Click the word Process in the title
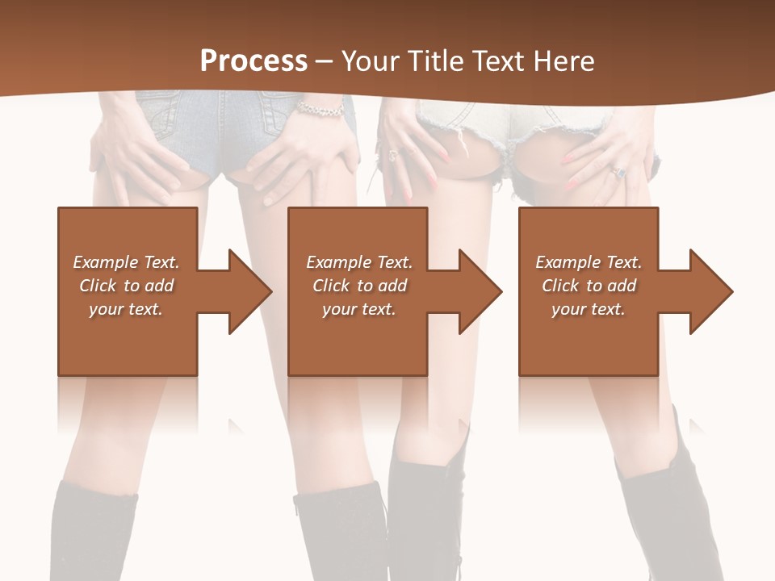click(253, 61)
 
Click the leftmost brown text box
click(128, 339)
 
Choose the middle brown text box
click(358, 339)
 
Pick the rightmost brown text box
click(588, 339)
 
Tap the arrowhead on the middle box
click(480, 291)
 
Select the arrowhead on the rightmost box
click(710, 291)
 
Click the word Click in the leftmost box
click(98, 286)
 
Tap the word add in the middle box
click(392, 286)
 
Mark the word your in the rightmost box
click(569, 309)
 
